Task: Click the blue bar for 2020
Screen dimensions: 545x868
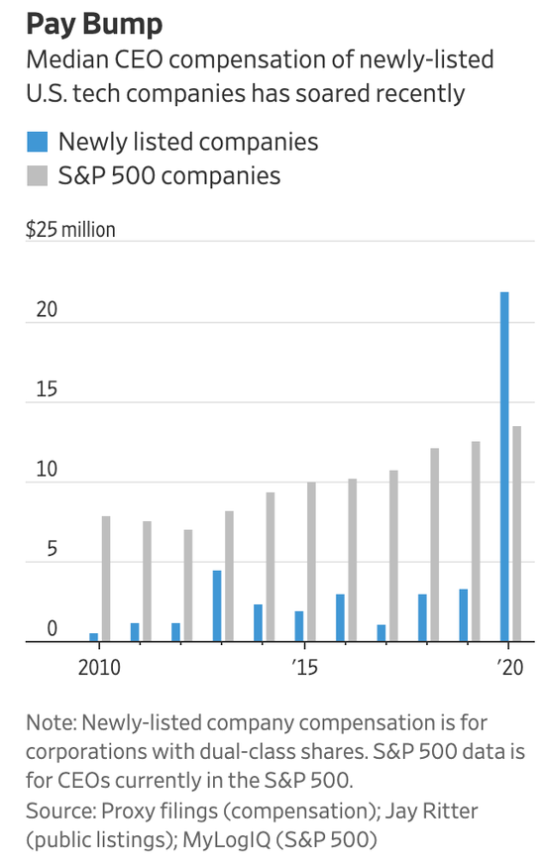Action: (x=504, y=467)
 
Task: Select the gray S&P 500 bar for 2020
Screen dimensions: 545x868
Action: (x=516, y=534)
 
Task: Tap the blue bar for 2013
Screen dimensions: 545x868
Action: (x=217, y=606)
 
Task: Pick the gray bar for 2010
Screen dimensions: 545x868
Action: (x=106, y=579)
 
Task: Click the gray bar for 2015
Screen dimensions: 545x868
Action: (x=311, y=562)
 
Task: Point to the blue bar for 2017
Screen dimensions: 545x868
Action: (x=381, y=633)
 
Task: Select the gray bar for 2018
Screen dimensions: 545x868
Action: (x=435, y=545)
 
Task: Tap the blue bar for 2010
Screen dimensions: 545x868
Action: (x=93, y=637)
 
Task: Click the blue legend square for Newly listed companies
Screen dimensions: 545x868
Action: (x=37, y=142)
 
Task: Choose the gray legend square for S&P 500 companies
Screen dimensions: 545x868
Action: (x=37, y=175)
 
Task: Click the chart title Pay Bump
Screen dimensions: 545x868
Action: (x=94, y=25)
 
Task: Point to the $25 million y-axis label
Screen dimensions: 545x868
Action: (x=70, y=229)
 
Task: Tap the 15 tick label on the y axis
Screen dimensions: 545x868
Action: (x=47, y=389)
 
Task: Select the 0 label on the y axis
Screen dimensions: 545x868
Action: (x=53, y=628)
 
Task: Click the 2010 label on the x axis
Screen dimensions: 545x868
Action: (x=99, y=667)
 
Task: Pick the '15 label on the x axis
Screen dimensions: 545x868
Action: (x=304, y=667)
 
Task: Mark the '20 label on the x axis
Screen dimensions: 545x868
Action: (x=509, y=667)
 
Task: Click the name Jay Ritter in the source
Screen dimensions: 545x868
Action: (x=431, y=811)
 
